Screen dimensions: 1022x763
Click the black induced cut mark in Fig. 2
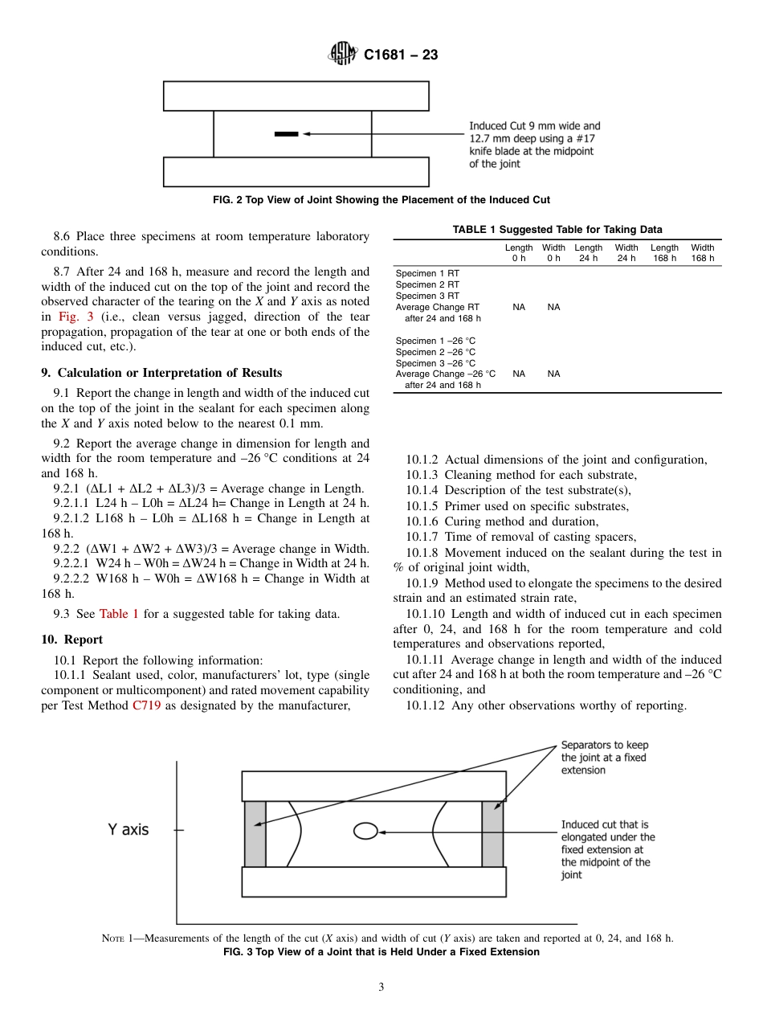(287, 134)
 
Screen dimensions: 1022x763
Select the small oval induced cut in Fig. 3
(365, 831)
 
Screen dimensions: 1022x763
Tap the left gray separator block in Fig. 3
(255, 834)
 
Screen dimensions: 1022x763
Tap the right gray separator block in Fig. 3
(492, 834)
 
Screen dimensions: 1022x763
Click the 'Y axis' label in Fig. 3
(129, 829)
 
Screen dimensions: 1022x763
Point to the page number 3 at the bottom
(381, 987)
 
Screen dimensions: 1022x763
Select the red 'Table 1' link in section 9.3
(119, 614)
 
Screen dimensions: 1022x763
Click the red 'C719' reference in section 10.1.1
(147, 706)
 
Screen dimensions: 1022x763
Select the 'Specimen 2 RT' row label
(427, 284)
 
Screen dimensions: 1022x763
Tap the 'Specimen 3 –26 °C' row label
(435, 362)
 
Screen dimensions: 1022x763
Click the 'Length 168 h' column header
(664, 252)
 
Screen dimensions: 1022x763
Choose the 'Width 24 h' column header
(626, 252)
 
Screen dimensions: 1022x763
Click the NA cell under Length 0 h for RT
(519, 307)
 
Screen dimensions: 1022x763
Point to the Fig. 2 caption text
(381, 200)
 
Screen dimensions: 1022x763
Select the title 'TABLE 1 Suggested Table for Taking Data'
(557, 229)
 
